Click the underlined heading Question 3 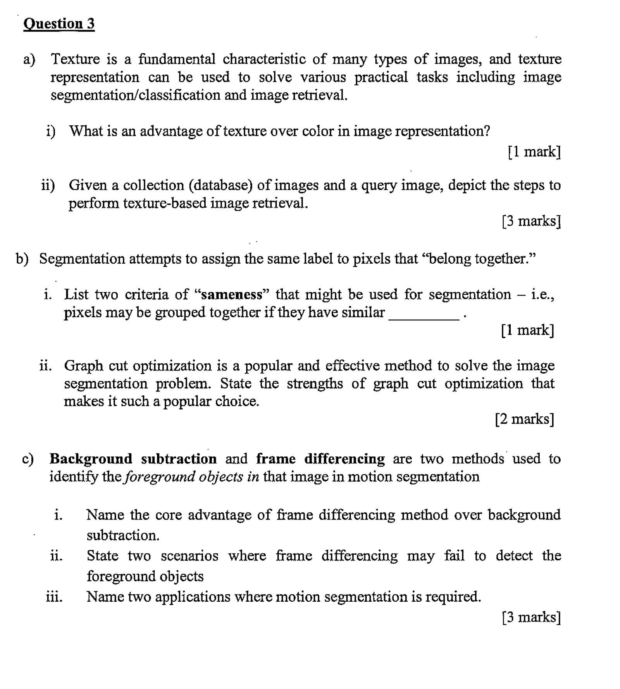click(59, 24)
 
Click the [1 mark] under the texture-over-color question click(534, 152)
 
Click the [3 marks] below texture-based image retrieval click(531, 221)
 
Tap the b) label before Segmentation click(22, 259)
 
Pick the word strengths click(315, 384)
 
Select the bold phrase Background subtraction click(133, 459)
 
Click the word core click(169, 515)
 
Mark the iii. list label click(54, 597)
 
